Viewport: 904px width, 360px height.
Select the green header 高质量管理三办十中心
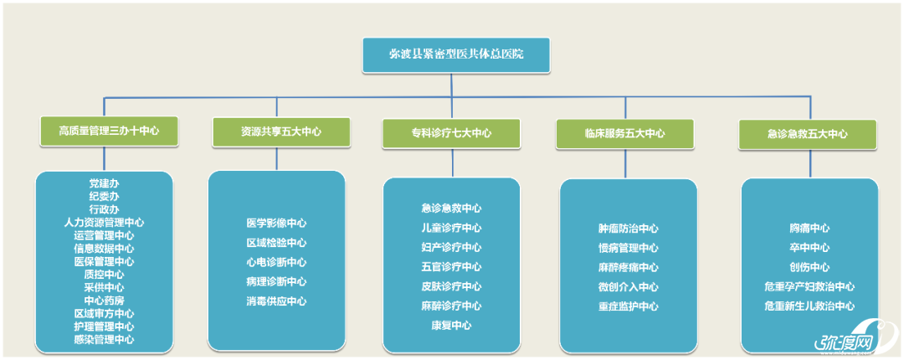(x=104, y=131)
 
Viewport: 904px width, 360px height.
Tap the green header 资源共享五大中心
(x=280, y=131)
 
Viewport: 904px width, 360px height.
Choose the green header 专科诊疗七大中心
(x=451, y=132)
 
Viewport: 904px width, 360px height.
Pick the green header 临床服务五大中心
(x=624, y=133)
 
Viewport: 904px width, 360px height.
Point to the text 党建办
(x=104, y=183)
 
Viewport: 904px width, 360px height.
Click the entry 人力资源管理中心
(x=104, y=222)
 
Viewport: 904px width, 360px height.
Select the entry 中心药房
(x=104, y=300)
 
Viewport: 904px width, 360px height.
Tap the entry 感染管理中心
(x=104, y=339)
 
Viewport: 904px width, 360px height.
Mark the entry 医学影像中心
(x=276, y=224)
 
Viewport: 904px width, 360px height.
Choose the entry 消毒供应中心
(x=276, y=301)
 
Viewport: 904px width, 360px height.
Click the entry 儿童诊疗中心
(x=451, y=228)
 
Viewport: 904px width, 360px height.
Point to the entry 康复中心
(x=451, y=325)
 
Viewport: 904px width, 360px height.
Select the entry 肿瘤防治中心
(x=628, y=229)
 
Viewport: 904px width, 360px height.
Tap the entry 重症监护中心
(x=628, y=306)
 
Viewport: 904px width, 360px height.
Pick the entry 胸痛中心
(x=809, y=228)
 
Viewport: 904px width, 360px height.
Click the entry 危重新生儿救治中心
(x=809, y=306)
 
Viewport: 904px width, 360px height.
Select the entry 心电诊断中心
(x=276, y=262)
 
